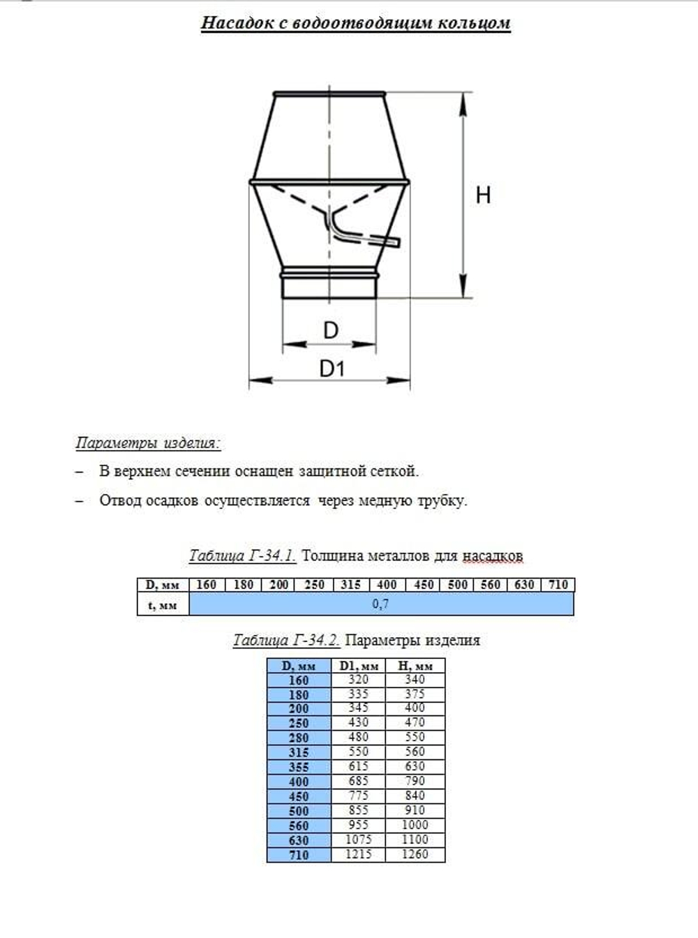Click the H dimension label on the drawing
click(483, 195)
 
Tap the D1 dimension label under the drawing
click(332, 368)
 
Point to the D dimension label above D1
click(330, 330)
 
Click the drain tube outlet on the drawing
click(395, 242)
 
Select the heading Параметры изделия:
click(147, 443)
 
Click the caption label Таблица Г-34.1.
click(242, 556)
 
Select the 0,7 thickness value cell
click(380, 604)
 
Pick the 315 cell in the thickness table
click(350, 585)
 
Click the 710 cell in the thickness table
click(558, 585)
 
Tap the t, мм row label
click(163, 605)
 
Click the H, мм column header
click(415, 666)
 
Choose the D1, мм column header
click(358, 666)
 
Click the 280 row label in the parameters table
click(298, 738)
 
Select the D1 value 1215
click(358, 854)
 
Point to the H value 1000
click(415, 825)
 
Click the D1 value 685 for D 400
click(358, 782)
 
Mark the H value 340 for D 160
click(415, 680)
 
